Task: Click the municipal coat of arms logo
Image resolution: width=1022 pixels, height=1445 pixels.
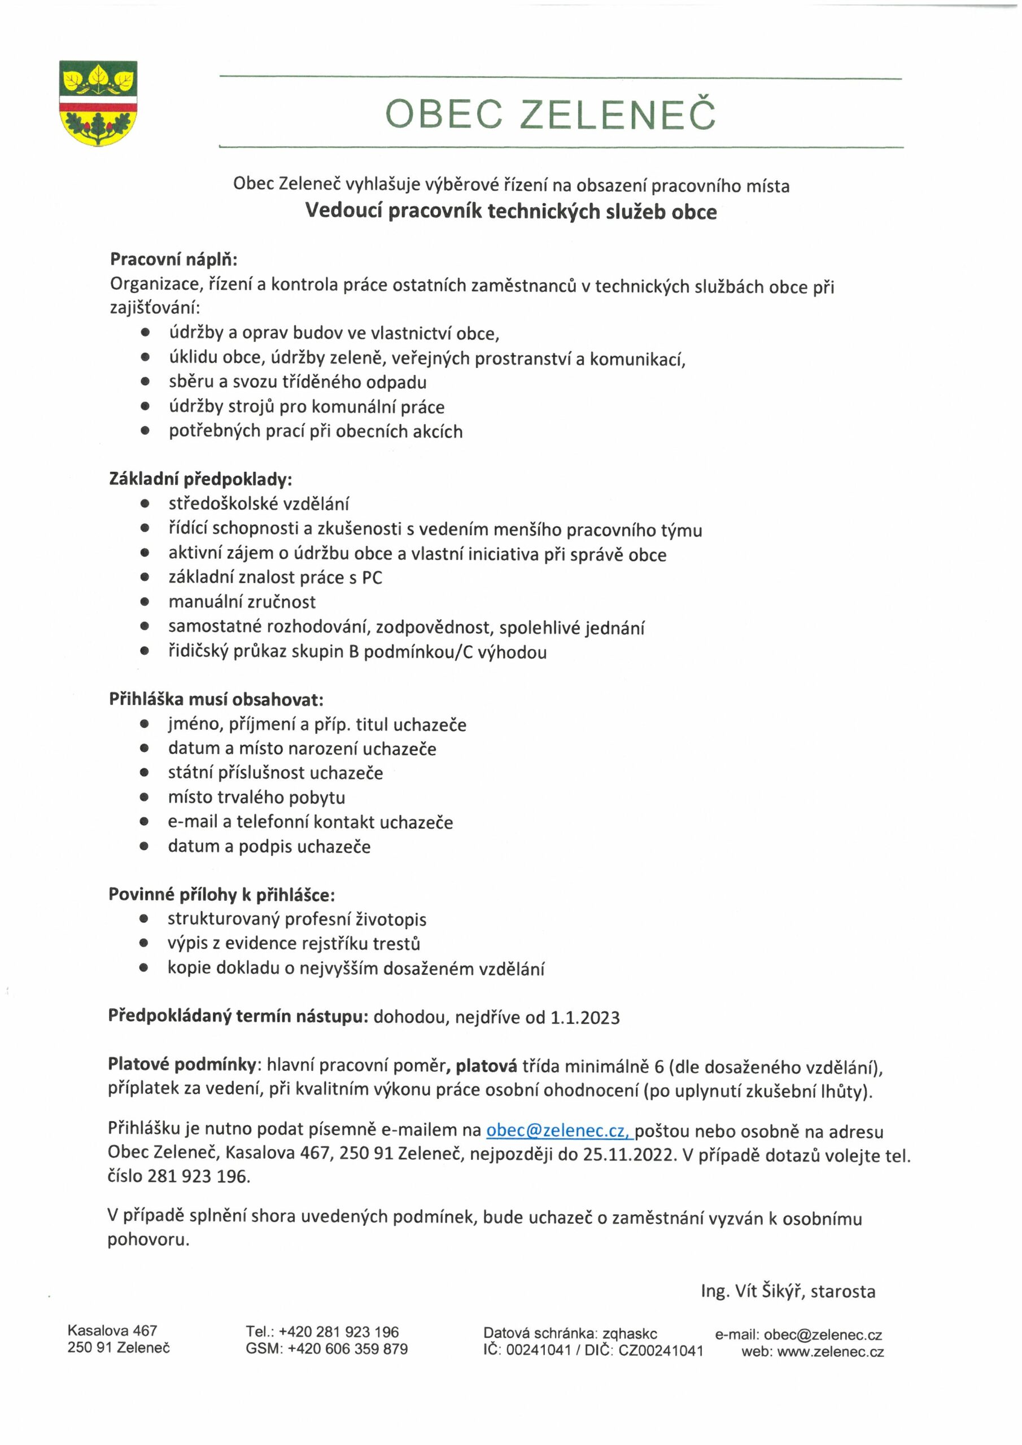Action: point(98,103)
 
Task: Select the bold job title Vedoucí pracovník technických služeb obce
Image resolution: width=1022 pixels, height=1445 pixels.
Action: point(510,212)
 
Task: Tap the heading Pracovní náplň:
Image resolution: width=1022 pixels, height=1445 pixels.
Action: point(173,259)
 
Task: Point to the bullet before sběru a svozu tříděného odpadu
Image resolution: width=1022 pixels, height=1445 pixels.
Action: point(146,382)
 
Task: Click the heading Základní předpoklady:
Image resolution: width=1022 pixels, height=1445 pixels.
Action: point(200,480)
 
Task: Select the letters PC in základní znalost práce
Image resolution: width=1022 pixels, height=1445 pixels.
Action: point(372,578)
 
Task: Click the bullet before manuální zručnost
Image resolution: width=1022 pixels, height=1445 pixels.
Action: point(146,602)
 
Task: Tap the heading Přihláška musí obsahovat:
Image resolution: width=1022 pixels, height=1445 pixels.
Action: point(216,700)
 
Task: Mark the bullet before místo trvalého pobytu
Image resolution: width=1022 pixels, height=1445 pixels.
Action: point(145,798)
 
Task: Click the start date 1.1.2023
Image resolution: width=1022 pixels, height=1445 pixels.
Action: point(585,1018)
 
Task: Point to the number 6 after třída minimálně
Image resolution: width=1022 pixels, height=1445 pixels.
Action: point(659,1067)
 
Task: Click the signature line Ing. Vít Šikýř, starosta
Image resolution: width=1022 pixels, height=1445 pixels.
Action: point(788,1291)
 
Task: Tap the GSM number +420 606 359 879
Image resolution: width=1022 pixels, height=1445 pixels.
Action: point(348,1348)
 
